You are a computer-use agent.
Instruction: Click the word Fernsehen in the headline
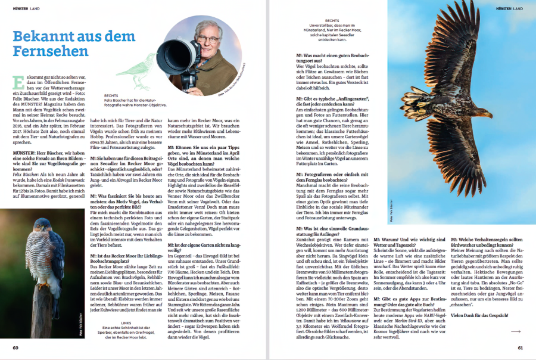[x=51, y=51]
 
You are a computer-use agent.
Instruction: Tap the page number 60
[x=16, y=347]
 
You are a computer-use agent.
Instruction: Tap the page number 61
[x=520, y=347]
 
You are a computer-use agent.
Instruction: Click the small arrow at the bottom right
[x=515, y=331]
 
